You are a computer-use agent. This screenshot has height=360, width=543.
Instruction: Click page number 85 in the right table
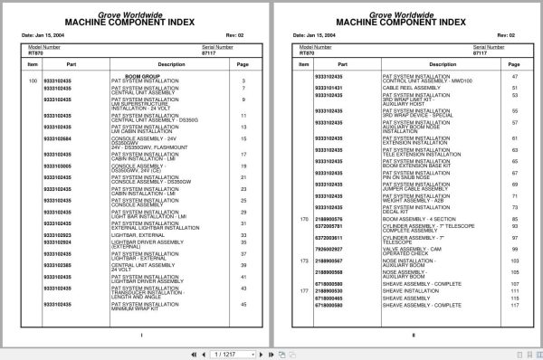click(x=514, y=218)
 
